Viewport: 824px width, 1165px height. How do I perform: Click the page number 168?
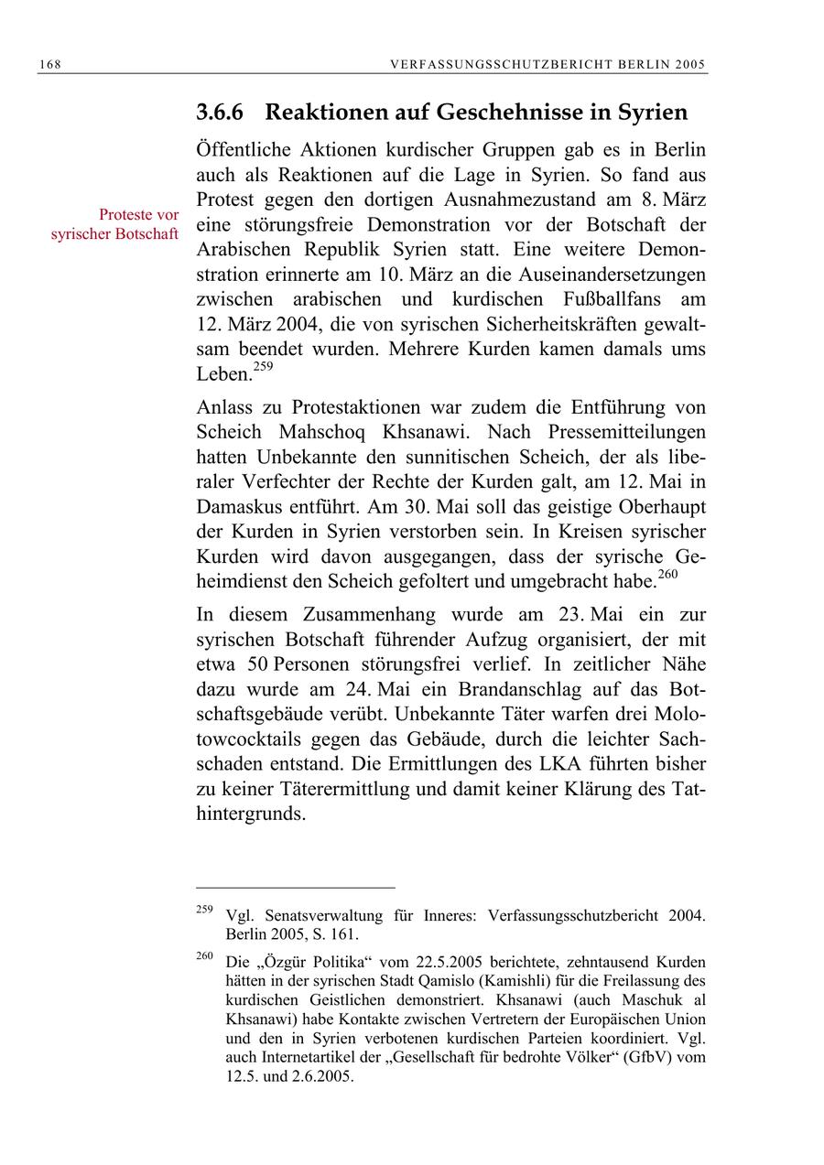click(x=49, y=64)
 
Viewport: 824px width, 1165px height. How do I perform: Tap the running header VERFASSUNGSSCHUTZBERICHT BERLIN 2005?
click(x=548, y=64)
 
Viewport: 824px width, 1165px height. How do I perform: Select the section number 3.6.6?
click(x=222, y=113)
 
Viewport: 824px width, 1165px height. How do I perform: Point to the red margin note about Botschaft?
click(x=114, y=224)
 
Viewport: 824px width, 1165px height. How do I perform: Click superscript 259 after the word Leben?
click(x=263, y=368)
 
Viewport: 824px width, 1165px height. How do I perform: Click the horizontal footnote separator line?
click(x=295, y=887)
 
